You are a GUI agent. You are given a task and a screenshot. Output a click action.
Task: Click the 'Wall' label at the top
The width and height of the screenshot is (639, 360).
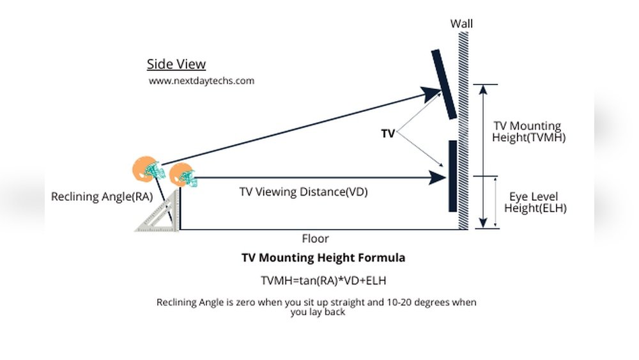point(462,24)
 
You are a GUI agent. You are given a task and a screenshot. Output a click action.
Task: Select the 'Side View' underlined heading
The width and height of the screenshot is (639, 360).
point(176,64)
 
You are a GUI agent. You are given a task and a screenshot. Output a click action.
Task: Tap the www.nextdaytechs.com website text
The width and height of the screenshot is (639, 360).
point(201,81)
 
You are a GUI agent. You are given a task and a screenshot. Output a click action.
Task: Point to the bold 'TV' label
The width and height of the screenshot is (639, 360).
point(388,133)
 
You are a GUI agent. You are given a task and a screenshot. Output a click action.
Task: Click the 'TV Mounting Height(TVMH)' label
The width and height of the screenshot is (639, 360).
point(528,132)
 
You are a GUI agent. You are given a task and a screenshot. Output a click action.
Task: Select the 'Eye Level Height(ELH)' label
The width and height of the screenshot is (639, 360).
point(535,202)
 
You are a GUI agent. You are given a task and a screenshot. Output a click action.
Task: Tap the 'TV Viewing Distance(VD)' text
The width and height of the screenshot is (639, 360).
point(304,191)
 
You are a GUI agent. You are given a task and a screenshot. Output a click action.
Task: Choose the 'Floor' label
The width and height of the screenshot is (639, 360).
point(315,239)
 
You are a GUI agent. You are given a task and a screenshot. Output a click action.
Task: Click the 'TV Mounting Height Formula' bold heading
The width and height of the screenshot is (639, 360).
point(323,258)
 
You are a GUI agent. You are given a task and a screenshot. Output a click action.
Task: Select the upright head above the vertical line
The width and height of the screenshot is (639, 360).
point(183,175)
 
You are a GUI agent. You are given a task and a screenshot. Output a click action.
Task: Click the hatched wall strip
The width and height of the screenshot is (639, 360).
point(463,128)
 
